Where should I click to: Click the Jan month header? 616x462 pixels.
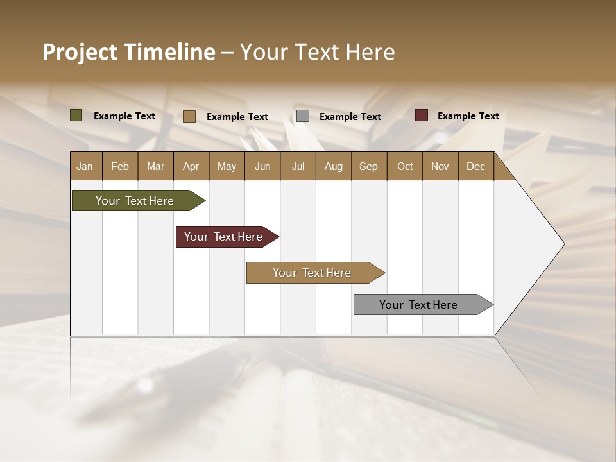click(x=85, y=166)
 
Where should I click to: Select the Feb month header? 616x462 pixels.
click(x=120, y=166)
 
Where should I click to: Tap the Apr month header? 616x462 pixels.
click(x=191, y=166)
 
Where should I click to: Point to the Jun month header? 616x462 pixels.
click(x=262, y=166)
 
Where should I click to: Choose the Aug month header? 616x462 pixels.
click(x=334, y=166)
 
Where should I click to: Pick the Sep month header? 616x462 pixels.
click(x=369, y=166)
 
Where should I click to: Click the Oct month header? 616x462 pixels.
click(x=405, y=166)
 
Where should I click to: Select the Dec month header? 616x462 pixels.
click(x=476, y=166)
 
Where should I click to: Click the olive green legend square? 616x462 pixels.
click(x=76, y=116)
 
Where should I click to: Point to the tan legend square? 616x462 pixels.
click(x=189, y=116)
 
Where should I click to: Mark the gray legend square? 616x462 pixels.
click(x=303, y=116)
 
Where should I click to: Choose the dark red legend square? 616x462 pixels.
click(x=422, y=116)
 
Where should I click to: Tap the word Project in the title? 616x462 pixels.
click(x=81, y=52)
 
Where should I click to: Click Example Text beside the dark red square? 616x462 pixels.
click(x=468, y=116)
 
